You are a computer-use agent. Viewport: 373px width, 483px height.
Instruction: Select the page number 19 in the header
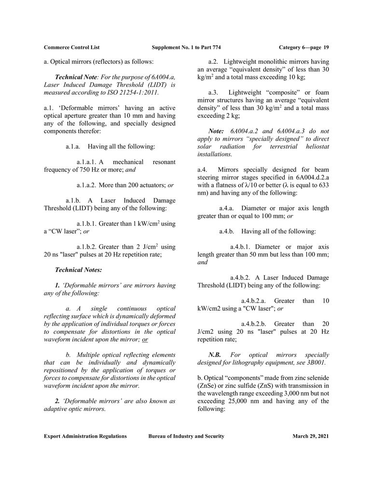click(326, 47)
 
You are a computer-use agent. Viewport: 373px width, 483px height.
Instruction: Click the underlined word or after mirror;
click(145, 340)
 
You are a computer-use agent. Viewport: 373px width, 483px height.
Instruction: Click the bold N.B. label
click(215, 355)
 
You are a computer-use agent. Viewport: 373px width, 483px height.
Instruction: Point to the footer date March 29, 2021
click(310, 436)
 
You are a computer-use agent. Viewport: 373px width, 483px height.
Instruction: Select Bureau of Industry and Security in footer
click(186, 436)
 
